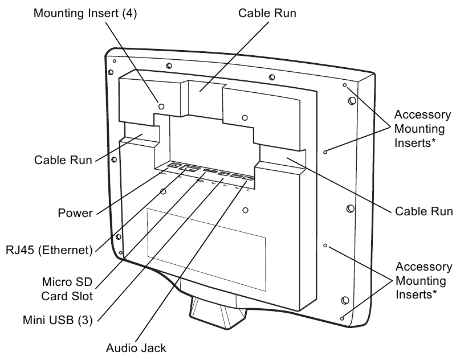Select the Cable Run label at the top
tap(267, 12)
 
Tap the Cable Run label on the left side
tap(62, 160)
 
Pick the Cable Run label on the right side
tap(424, 211)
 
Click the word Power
tap(75, 213)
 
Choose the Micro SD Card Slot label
tap(67, 289)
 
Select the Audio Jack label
tap(136, 347)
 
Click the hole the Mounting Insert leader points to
tap(161, 106)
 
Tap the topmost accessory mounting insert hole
tap(344, 85)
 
